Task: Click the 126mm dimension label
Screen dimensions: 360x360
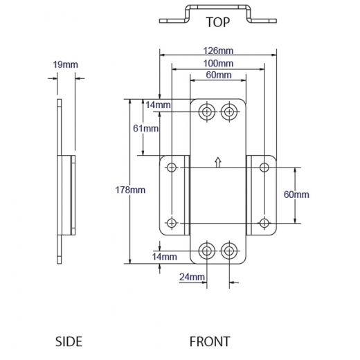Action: [218, 51]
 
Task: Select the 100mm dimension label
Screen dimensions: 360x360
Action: [218, 63]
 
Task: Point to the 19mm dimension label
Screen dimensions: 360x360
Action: [65, 64]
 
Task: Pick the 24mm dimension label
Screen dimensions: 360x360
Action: [192, 277]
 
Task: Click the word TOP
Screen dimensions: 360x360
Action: [217, 23]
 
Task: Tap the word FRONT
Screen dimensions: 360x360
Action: [210, 341]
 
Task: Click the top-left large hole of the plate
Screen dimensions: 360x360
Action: [206, 112]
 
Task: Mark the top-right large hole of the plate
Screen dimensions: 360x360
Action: [229, 112]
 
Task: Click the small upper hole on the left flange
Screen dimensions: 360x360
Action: [172, 167]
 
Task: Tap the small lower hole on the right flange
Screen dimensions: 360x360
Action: [264, 222]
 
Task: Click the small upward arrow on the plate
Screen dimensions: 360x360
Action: [218, 163]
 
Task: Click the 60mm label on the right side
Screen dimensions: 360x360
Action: [296, 195]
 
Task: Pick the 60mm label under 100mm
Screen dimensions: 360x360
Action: [218, 74]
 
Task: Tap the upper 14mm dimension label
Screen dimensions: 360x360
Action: [158, 105]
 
